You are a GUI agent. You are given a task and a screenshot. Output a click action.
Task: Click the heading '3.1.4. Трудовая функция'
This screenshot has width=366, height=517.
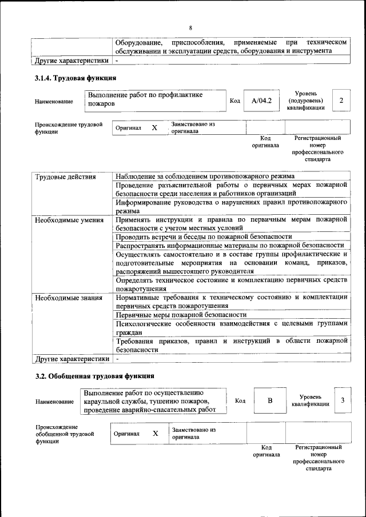[x=76, y=78]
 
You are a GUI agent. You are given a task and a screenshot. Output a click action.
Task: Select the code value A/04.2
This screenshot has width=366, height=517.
[x=261, y=101]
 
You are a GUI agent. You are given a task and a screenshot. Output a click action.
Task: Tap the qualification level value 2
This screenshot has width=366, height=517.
[x=341, y=101]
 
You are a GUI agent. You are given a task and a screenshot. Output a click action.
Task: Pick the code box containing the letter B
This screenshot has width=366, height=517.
[x=269, y=400]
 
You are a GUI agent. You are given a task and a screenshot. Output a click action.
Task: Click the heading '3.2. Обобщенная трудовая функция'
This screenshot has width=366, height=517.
[x=94, y=376]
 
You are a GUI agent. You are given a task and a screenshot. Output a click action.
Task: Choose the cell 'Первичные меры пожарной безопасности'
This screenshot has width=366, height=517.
[x=181, y=315]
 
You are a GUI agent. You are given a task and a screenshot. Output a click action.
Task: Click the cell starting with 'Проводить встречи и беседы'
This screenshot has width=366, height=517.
[x=204, y=237]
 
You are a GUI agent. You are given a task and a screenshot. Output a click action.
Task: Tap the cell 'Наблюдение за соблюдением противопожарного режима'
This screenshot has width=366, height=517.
[x=205, y=177]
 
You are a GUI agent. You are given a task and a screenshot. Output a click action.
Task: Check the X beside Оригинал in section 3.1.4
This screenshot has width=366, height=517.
[x=154, y=128]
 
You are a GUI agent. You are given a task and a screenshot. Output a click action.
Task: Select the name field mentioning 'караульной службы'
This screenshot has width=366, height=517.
[x=153, y=401]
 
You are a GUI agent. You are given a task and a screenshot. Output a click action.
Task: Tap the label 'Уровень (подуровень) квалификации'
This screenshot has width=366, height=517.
[x=310, y=100]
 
